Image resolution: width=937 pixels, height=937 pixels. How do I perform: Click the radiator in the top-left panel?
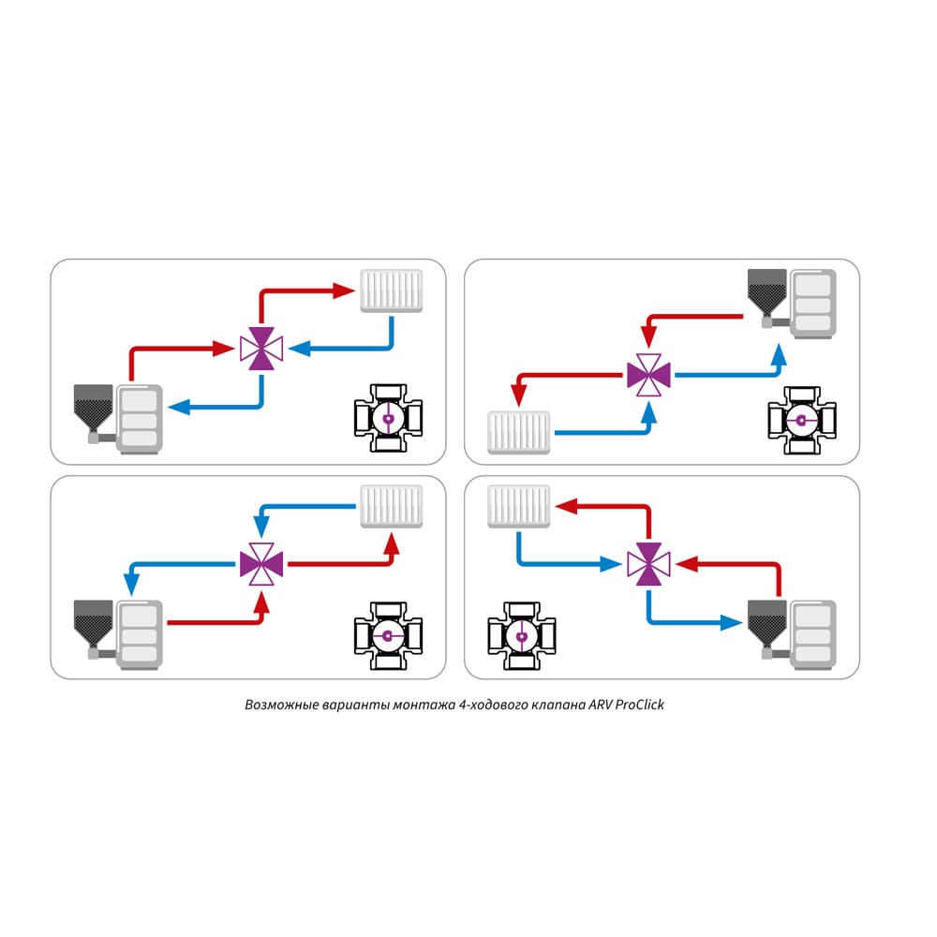(x=392, y=291)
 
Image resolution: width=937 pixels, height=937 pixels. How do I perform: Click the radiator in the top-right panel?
(x=519, y=431)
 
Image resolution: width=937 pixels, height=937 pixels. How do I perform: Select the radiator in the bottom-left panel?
(x=392, y=506)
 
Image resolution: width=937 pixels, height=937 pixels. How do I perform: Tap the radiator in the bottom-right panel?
(x=518, y=505)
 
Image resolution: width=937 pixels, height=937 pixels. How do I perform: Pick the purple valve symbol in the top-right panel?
(x=648, y=375)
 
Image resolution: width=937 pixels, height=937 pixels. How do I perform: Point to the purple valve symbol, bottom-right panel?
(x=648, y=563)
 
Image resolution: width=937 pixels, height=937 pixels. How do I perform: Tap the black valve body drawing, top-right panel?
(x=801, y=419)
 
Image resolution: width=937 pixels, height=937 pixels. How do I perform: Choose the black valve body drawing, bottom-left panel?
(x=387, y=635)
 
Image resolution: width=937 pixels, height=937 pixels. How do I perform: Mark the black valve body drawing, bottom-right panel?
(x=521, y=635)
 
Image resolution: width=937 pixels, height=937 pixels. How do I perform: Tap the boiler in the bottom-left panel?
(x=120, y=630)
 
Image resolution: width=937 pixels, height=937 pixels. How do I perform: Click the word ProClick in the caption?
(x=636, y=705)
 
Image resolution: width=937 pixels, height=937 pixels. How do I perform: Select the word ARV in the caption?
(x=590, y=705)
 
